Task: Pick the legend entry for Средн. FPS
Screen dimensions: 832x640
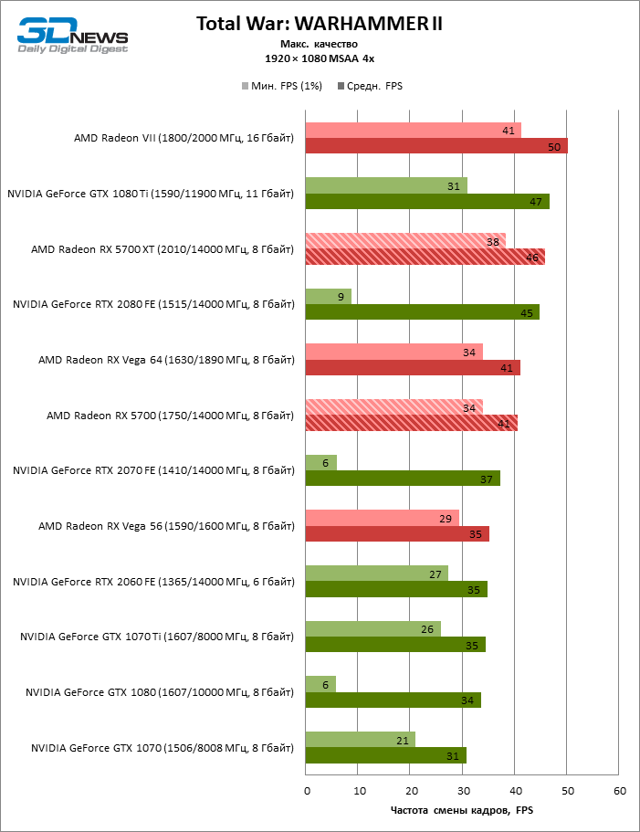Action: (x=370, y=86)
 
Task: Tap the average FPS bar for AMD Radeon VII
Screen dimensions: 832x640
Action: (x=435, y=146)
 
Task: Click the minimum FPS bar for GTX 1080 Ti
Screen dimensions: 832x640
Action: (x=385, y=185)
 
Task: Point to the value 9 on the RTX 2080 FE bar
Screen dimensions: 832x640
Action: (x=341, y=297)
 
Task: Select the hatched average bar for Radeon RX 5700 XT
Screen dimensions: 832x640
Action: (x=425, y=257)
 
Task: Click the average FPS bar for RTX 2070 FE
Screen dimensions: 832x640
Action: (x=402, y=479)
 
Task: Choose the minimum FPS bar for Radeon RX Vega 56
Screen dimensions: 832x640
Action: (x=382, y=519)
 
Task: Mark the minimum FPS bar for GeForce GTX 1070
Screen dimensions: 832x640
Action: (x=360, y=741)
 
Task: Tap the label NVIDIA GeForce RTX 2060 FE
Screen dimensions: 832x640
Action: (x=153, y=582)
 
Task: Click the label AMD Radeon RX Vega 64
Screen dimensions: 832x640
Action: (x=166, y=360)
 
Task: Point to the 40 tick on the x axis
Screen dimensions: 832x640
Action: (x=515, y=790)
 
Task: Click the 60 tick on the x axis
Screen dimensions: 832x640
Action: (x=619, y=790)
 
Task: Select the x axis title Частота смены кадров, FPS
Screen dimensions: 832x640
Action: (x=461, y=811)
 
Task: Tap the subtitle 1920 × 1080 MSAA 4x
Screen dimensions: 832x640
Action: (x=320, y=58)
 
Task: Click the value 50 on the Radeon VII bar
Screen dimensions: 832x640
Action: (x=554, y=147)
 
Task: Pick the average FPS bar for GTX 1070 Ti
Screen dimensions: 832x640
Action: (x=394, y=645)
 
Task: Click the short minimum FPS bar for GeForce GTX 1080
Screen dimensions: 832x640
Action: (x=320, y=685)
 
